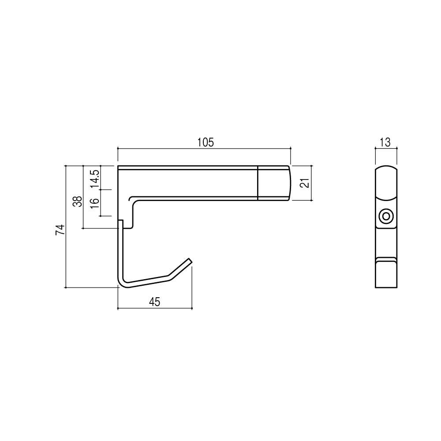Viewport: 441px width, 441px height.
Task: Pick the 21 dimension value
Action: (305, 183)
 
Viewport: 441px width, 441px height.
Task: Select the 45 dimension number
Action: (154, 302)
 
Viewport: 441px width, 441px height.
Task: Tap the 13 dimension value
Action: (385, 142)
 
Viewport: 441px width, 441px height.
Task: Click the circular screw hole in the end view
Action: (386, 217)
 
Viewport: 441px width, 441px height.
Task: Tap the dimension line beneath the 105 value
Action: (204, 149)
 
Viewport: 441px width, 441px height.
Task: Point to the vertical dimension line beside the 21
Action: (312, 183)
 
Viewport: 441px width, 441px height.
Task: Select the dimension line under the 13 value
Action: (386, 149)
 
